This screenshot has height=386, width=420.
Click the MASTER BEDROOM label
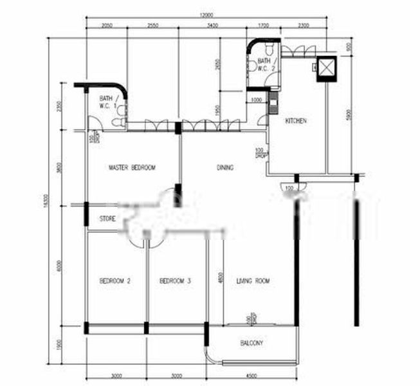pyautogui.click(x=132, y=168)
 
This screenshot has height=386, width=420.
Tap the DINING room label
pyautogui.click(x=224, y=168)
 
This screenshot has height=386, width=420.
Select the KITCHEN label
pyautogui.click(x=295, y=121)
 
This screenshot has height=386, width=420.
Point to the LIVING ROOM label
pyautogui.click(x=253, y=281)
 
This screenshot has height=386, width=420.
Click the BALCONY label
pyautogui.click(x=251, y=344)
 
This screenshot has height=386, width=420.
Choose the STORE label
pyautogui.click(x=107, y=219)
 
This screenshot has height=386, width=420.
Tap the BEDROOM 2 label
pyautogui.click(x=115, y=281)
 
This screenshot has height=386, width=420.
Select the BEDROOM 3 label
pyautogui.click(x=175, y=281)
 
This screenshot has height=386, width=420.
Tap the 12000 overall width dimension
pyautogui.click(x=206, y=15)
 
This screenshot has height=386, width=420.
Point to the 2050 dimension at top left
pyautogui.click(x=107, y=26)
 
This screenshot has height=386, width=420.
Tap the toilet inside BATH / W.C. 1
pyautogui.click(x=118, y=122)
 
